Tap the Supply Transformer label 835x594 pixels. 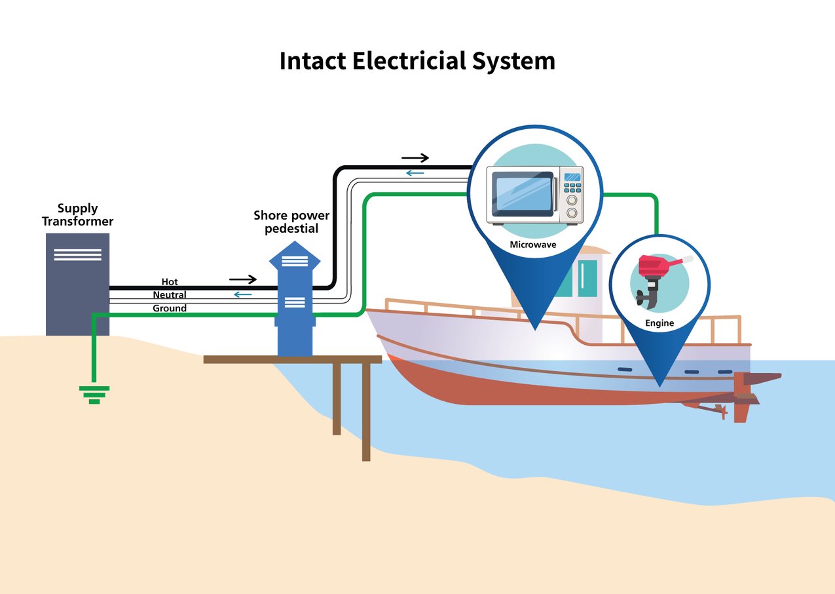click(x=77, y=215)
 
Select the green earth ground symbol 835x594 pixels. click(x=94, y=393)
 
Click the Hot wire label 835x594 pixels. click(x=170, y=282)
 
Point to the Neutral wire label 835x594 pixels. click(x=170, y=295)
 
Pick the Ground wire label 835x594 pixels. click(x=170, y=308)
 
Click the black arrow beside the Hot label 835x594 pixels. click(x=243, y=280)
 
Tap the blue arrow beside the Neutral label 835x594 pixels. click(x=243, y=294)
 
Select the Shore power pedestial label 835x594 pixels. click(x=291, y=222)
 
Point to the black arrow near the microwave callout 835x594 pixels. click(x=415, y=158)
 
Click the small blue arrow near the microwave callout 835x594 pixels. click(x=415, y=173)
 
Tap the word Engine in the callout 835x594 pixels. click(x=659, y=323)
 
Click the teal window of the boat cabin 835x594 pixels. click(x=587, y=278)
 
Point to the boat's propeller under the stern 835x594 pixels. click(x=720, y=410)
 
